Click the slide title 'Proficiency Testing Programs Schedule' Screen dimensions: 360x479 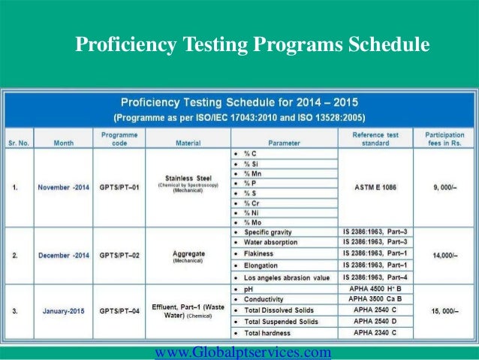click(252, 46)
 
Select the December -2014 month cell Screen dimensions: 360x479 click(64, 256)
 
